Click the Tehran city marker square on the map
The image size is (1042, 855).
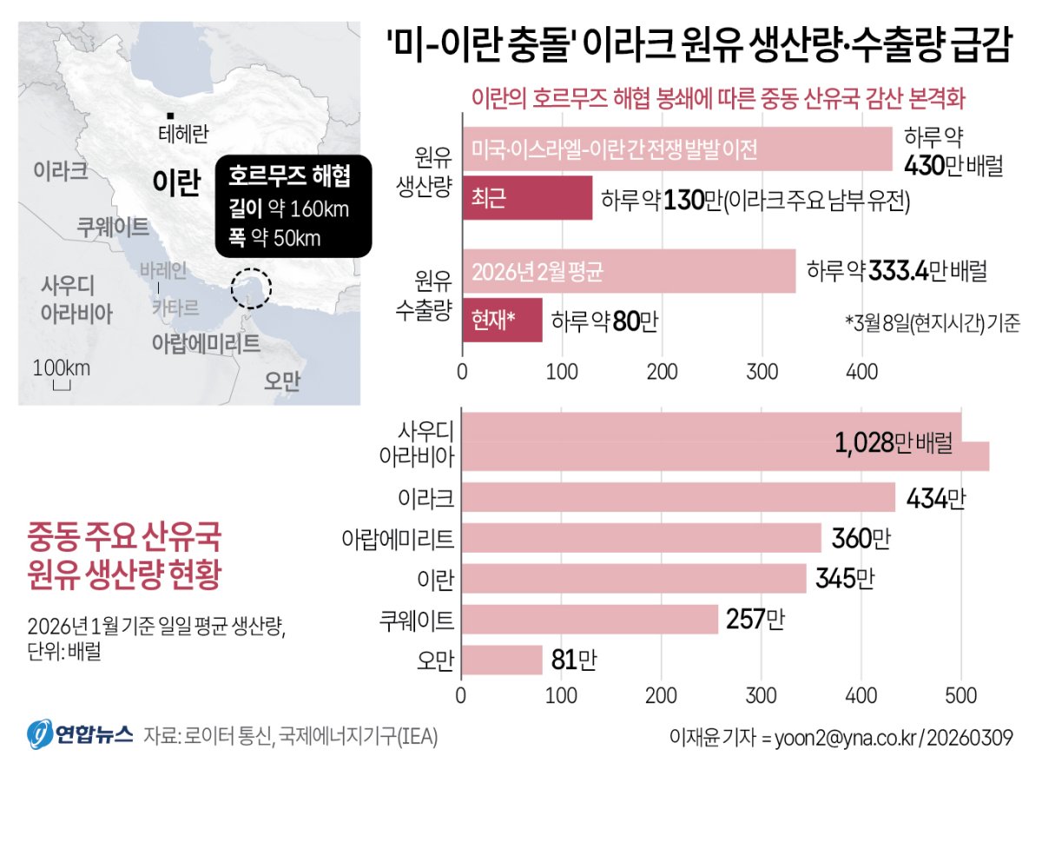(x=172, y=116)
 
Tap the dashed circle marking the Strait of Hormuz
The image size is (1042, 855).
(x=251, y=288)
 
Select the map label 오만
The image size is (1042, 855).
(x=283, y=381)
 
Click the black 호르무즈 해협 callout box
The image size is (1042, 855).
(x=293, y=206)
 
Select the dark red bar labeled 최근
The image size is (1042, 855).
(x=527, y=197)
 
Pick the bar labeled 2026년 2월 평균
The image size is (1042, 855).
(x=629, y=271)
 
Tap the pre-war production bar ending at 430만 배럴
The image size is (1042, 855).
(x=677, y=149)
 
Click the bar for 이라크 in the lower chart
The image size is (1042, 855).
(x=678, y=498)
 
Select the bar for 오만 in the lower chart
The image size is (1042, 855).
(x=502, y=661)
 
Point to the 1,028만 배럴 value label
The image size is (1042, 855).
(x=894, y=443)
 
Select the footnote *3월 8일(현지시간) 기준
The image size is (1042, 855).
(x=932, y=321)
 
